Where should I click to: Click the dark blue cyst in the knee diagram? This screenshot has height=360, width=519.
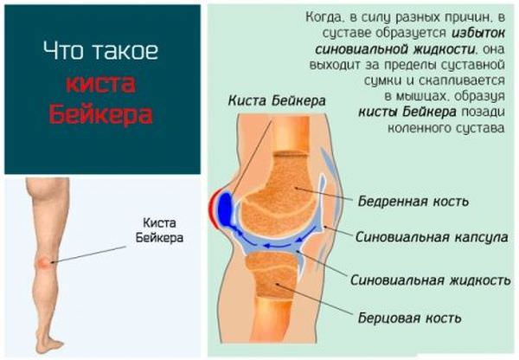pos(224,209)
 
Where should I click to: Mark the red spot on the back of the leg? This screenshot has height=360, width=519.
pos(43,260)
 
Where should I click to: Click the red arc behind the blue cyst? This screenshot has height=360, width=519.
pos(210,209)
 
